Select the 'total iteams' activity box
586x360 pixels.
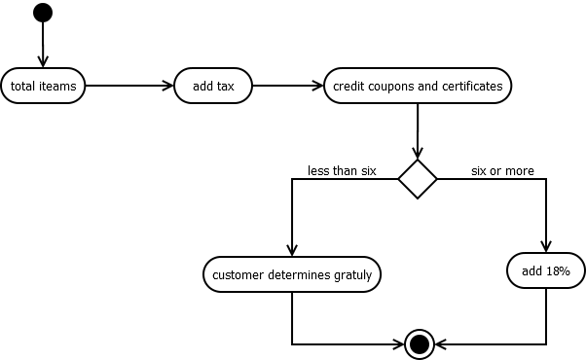pyautogui.click(x=44, y=86)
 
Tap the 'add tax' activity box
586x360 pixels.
pyautogui.click(x=213, y=86)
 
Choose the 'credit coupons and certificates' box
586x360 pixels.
pyautogui.click(x=418, y=86)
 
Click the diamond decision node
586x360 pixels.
pyautogui.click(x=418, y=179)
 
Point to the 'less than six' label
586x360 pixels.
pyautogui.click(x=342, y=170)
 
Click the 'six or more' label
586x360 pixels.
pyautogui.click(x=502, y=170)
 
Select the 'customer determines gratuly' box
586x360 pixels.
pyautogui.click(x=292, y=274)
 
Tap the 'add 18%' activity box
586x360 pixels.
pyautogui.click(x=545, y=270)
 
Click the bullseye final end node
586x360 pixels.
pyautogui.click(x=420, y=343)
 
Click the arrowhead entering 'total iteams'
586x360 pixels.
pyautogui.click(x=43, y=61)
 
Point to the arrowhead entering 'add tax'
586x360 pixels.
pyautogui.click(x=168, y=86)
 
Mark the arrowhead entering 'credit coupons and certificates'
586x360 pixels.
pyautogui.click(x=316, y=86)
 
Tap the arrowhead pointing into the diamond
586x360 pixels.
pyautogui.click(x=418, y=154)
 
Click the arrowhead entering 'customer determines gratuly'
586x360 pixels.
pyautogui.click(x=292, y=251)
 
